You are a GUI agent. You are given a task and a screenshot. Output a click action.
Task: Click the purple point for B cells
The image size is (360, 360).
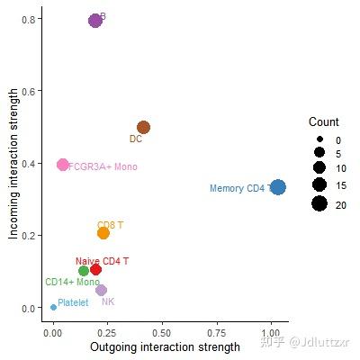tap(95, 20)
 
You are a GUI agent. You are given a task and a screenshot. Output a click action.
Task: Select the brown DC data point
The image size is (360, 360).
tap(143, 127)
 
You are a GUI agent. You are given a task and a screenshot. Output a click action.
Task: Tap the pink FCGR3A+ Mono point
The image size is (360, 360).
tap(62, 165)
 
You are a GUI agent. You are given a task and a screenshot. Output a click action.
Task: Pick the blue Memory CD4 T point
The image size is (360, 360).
tap(278, 187)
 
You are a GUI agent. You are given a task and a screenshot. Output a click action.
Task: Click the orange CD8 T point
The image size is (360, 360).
tap(103, 233)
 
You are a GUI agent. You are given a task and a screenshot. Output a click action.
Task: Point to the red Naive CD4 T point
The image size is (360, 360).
tap(96, 269)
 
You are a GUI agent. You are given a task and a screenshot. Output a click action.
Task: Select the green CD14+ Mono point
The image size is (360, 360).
tap(84, 270)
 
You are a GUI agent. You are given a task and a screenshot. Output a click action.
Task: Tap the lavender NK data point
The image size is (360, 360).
tap(101, 290)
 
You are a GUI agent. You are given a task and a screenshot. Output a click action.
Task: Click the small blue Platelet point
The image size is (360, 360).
tap(54, 307)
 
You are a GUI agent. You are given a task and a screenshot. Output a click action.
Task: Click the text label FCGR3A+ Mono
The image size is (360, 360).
tap(103, 166)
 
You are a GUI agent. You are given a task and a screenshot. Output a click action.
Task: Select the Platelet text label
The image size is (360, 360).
tap(74, 302)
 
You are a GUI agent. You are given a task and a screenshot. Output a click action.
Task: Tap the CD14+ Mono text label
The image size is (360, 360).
tap(72, 282)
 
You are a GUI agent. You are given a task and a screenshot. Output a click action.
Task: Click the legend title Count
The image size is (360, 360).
tap(323, 121)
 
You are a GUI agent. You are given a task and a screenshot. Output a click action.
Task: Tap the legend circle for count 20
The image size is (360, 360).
tap(319, 205)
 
